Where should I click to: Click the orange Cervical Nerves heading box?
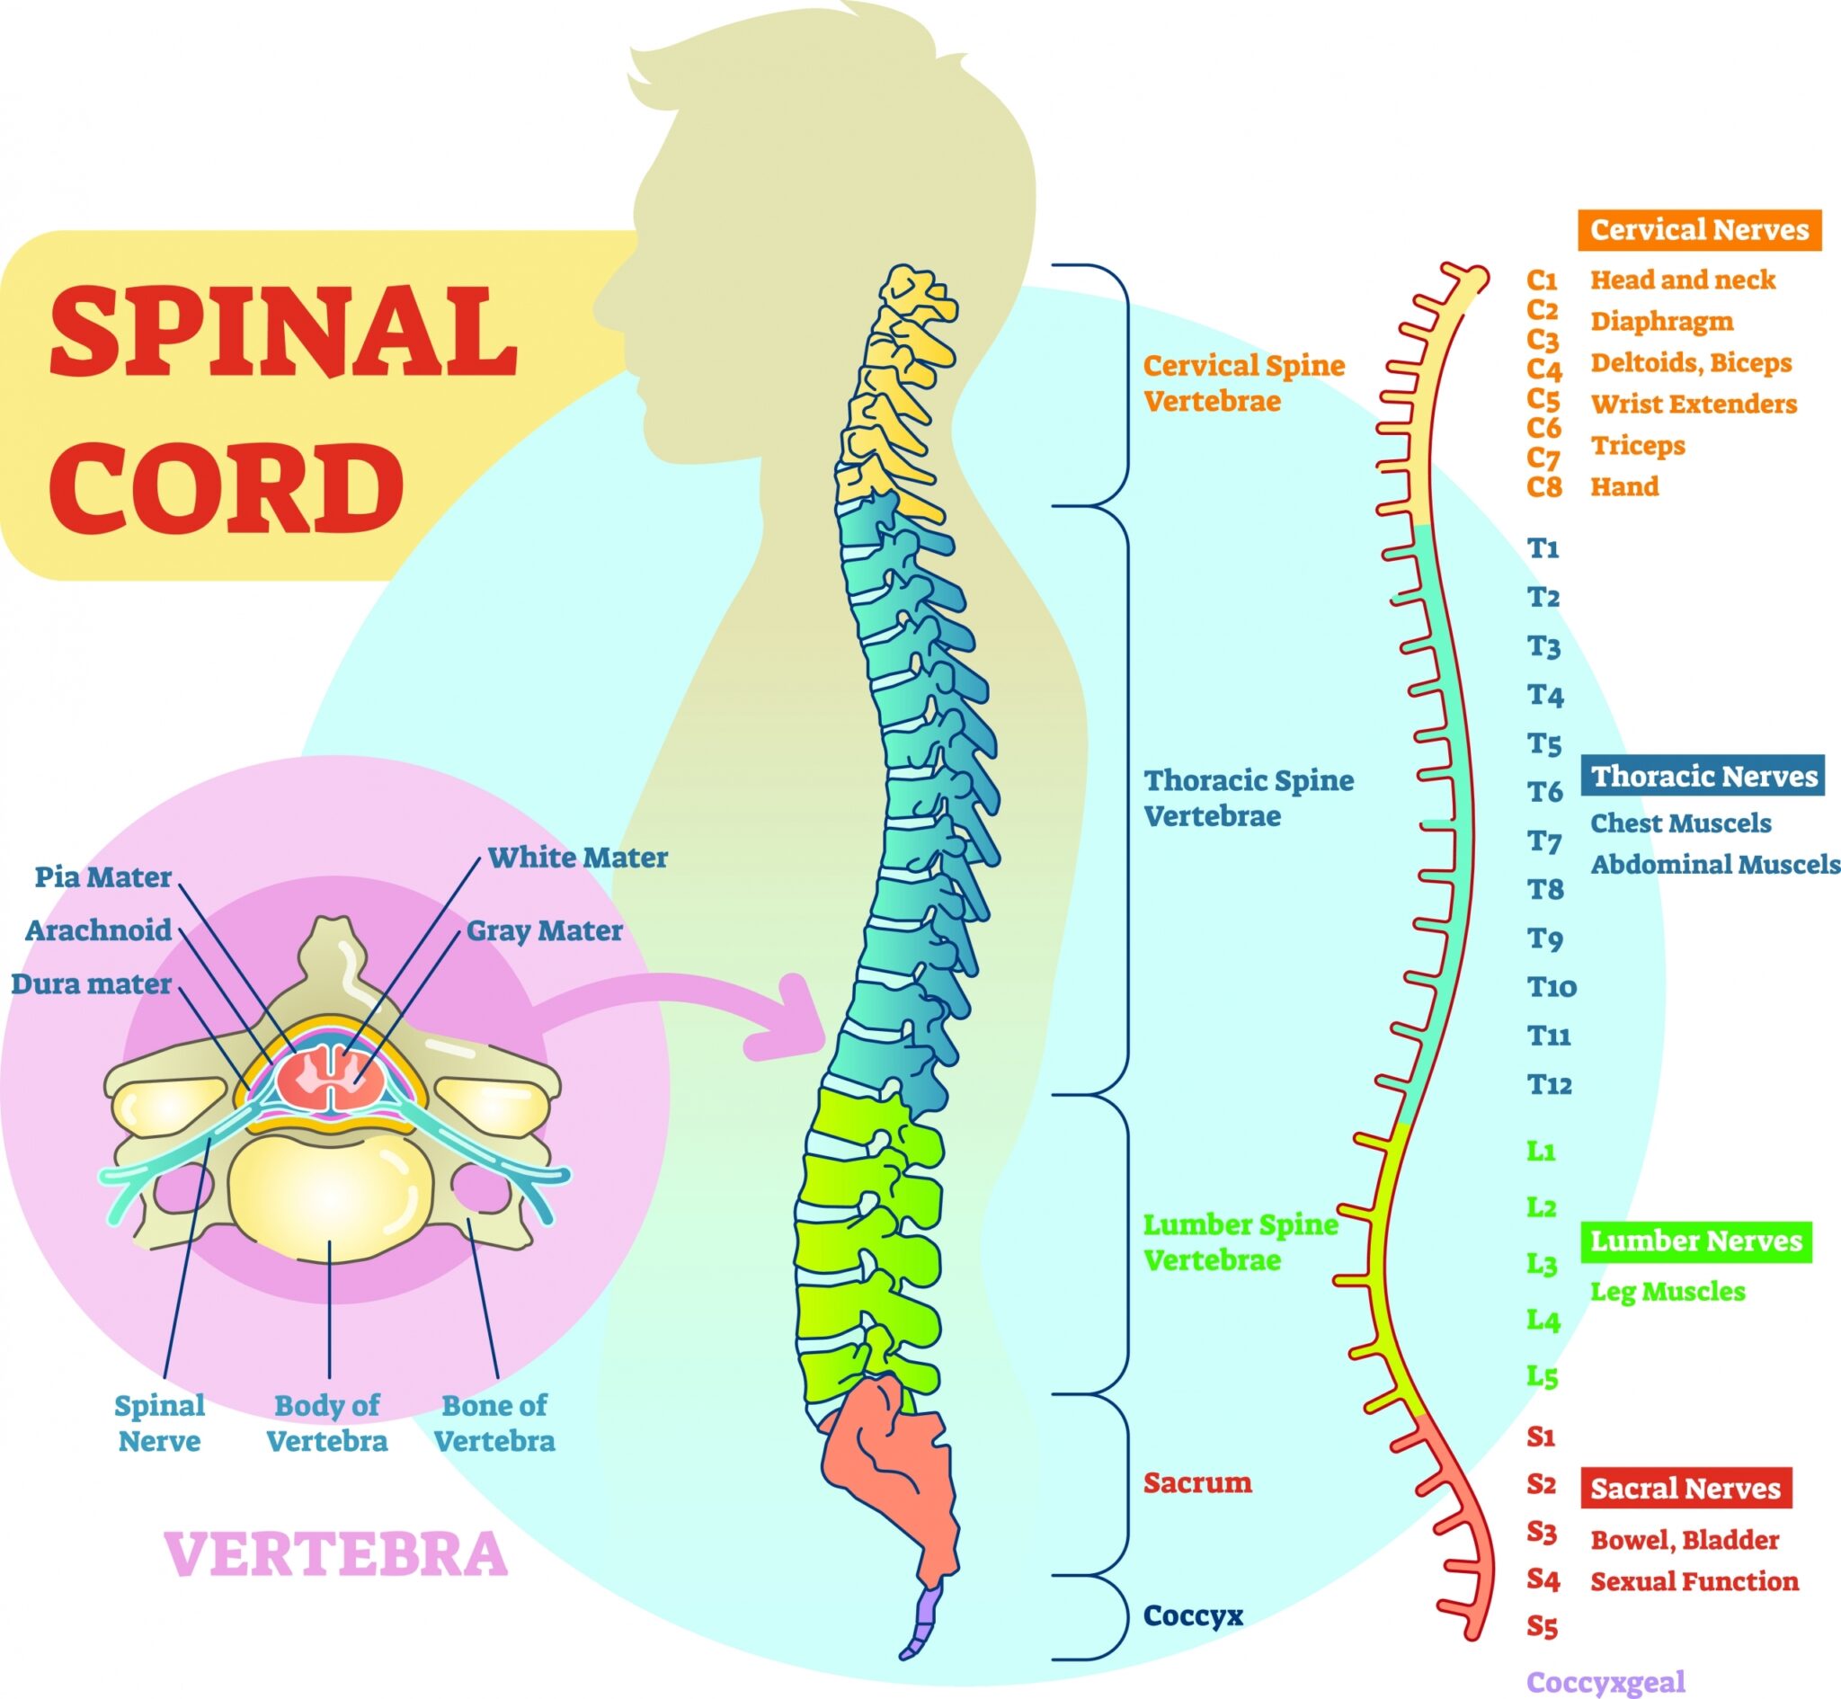1699,230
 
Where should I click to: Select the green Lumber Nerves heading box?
1695,1241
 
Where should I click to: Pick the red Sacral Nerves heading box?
1685,1489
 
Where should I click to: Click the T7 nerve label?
1544,841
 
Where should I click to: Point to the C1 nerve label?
1543,280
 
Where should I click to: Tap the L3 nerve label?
1543,1264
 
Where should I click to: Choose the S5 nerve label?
1543,1626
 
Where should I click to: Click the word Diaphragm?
1662,322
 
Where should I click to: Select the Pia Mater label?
103,877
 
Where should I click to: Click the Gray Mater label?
544,930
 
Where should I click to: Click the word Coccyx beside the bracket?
1192,1615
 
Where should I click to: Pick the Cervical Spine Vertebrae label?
1242,383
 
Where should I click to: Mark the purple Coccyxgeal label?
1605,1683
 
